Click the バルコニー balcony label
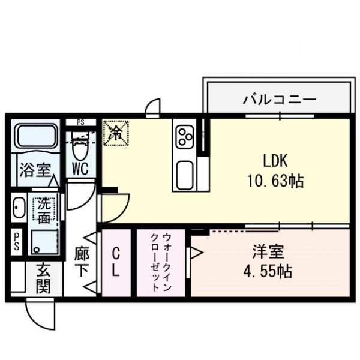pos(278,99)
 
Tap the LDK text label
pos(276,161)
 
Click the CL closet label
pos(116,263)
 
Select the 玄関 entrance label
pos(43,279)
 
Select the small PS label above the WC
pos(80,122)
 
